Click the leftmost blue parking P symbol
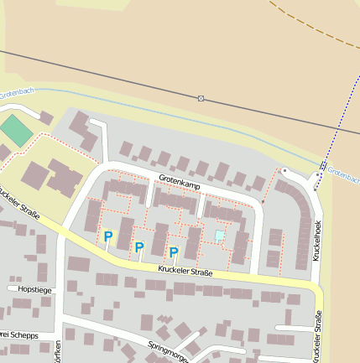[108, 237]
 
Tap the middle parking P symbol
[139, 247]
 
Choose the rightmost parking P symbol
[174, 252]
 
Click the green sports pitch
[14, 130]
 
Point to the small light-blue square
[220, 236]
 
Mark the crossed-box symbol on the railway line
[201, 98]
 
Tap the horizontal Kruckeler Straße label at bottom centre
[185, 271]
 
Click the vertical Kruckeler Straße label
[317, 335]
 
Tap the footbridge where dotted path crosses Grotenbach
[323, 165]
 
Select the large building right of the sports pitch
[63, 176]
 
